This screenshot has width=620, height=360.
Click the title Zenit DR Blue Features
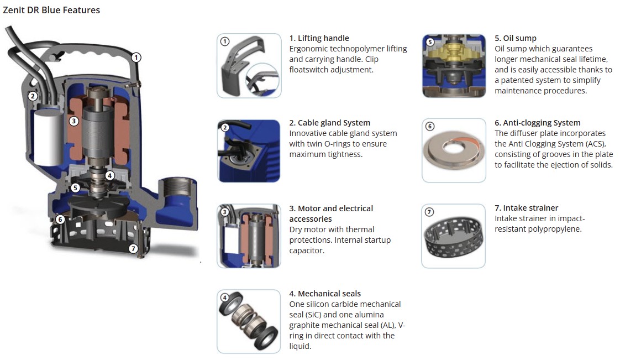(x=51, y=10)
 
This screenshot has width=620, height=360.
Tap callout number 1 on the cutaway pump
(x=136, y=58)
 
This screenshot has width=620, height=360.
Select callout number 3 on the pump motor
(x=73, y=121)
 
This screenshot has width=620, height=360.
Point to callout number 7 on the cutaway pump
(x=133, y=248)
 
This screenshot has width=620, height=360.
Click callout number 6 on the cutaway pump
(x=60, y=219)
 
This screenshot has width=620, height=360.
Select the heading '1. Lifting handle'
(x=319, y=38)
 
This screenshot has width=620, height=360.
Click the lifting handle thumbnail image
(x=249, y=66)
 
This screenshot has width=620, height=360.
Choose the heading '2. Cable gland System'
(x=330, y=123)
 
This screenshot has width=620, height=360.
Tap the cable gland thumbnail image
(x=249, y=151)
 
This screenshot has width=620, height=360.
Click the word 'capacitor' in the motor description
(x=307, y=251)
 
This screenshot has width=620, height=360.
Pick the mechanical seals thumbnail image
(x=249, y=321)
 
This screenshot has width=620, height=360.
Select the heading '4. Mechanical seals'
(x=325, y=294)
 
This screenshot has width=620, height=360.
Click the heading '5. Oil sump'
(x=516, y=38)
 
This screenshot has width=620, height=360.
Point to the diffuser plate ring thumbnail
(x=454, y=151)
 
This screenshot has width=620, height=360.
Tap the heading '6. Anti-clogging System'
(x=537, y=123)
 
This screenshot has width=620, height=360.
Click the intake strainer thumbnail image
(x=454, y=236)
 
